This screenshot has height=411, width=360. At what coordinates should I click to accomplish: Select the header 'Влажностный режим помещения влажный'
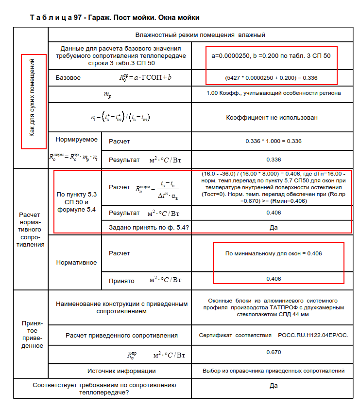200,35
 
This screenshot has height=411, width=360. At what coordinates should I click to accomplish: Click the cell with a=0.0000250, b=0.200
271,55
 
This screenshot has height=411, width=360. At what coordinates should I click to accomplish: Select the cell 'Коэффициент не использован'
272,118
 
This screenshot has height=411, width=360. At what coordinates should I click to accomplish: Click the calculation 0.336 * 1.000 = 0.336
274,141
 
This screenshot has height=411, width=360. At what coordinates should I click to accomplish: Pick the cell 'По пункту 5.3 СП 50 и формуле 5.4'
77,202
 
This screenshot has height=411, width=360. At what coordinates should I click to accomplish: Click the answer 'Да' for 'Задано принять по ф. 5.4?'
274,227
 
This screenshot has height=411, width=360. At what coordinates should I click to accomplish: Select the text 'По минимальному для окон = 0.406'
274,253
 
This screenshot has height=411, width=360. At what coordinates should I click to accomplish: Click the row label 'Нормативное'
76,263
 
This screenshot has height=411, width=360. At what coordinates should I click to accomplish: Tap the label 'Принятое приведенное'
32,335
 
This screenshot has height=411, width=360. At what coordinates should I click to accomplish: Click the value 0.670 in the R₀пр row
274,352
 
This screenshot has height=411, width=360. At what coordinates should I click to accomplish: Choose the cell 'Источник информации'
121,371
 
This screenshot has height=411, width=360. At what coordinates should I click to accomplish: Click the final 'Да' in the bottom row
274,386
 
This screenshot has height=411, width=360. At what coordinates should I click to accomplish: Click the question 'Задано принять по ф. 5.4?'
149,227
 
